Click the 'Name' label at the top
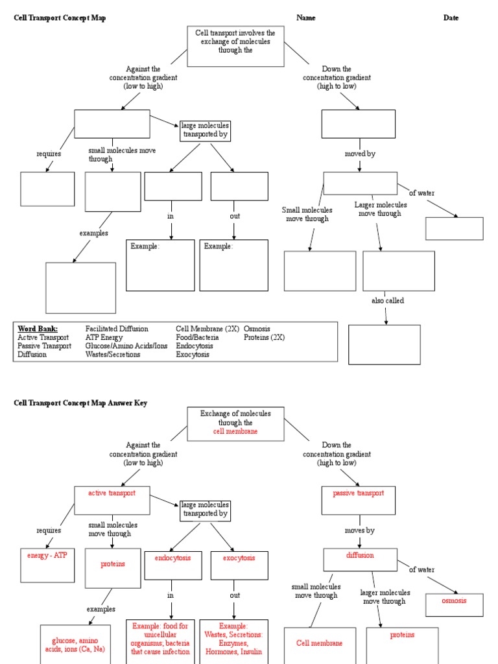(x=306, y=18)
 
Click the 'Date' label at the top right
(x=451, y=18)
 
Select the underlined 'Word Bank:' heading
(x=38, y=329)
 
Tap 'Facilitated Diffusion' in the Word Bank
(x=117, y=329)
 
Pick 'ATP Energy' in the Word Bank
(x=104, y=337)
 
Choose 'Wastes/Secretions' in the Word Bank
(x=113, y=355)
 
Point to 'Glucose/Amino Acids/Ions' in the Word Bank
(x=126, y=346)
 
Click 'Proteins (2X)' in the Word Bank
(x=264, y=337)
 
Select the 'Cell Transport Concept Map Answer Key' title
(x=81, y=403)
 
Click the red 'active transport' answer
(x=112, y=493)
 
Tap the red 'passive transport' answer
(x=359, y=493)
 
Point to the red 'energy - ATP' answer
(x=47, y=556)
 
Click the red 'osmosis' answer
(x=454, y=600)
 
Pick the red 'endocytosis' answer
(x=172, y=558)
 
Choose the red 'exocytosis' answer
(x=239, y=558)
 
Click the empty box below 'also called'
(x=385, y=344)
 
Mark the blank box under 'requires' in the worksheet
(x=47, y=188)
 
